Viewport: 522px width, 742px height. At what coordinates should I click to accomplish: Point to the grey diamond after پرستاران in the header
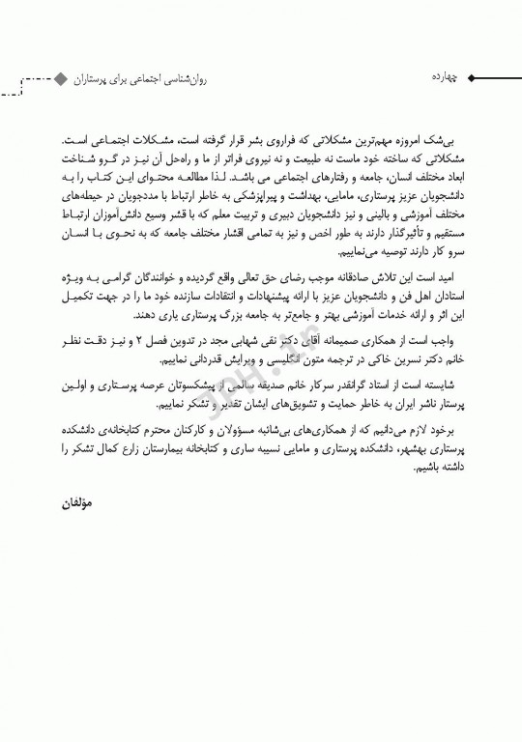(61, 76)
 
